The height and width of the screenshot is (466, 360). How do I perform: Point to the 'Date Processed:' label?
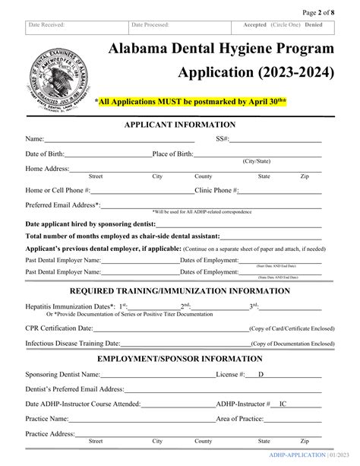click(x=150, y=25)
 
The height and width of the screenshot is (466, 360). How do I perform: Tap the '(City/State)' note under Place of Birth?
click(x=259, y=162)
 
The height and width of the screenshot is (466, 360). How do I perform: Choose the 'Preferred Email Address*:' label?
click(x=62, y=204)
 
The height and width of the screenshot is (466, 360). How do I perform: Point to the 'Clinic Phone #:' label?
click(x=217, y=190)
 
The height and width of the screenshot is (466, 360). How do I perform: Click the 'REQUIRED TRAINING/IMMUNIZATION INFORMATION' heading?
click(x=180, y=290)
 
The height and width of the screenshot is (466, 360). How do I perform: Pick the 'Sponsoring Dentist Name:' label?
click(x=63, y=375)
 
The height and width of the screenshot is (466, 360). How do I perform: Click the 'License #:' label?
click(x=231, y=375)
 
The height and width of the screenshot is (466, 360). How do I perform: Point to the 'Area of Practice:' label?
click(x=241, y=419)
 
